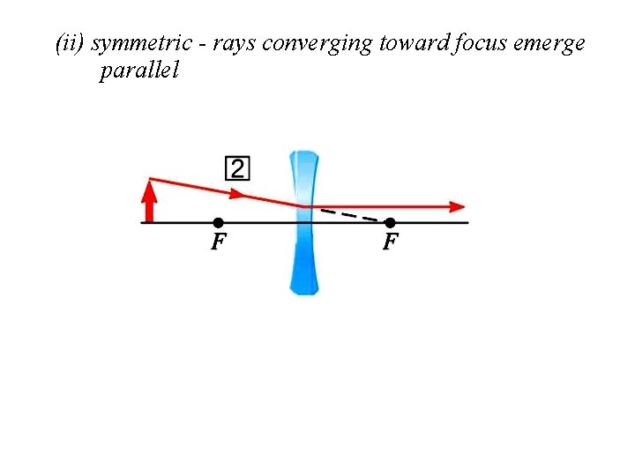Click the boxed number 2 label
(x=238, y=167)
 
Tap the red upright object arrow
(x=150, y=202)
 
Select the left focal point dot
(x=219, y=222)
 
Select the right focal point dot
(x=391, y=222)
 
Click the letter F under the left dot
(x=218, y=242)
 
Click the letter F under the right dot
(x=391, y=242)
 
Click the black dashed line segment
(x=353, y=214)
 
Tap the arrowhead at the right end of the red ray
(x=457, y=207)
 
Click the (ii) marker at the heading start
(x=70, y=44)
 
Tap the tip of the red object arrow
(x=150, y=182)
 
